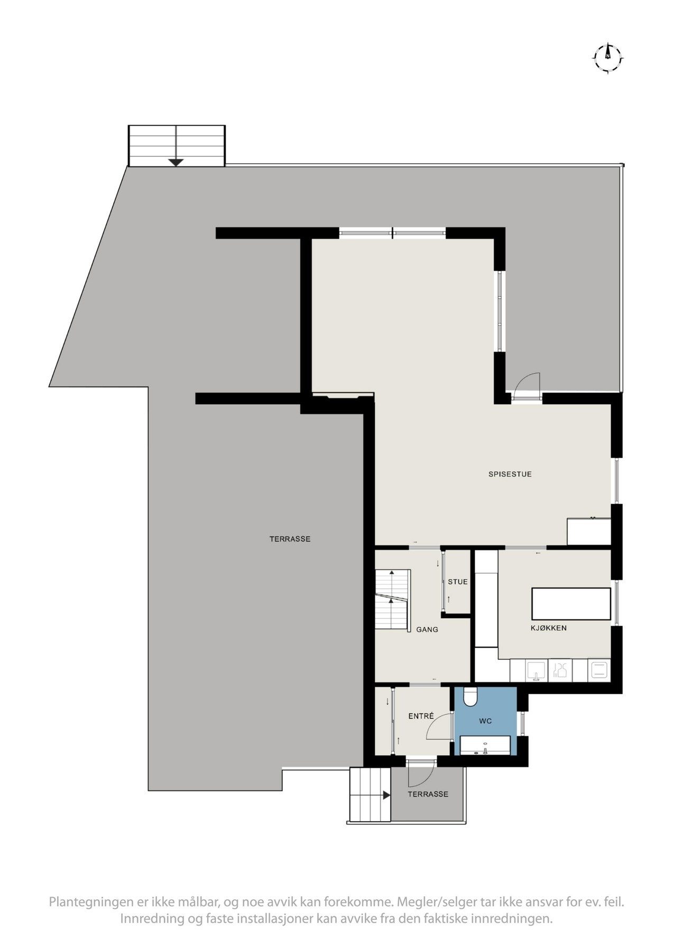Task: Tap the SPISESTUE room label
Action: tap(510, 474)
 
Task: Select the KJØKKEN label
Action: tap(548, 628)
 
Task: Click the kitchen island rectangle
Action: tap(571, 603)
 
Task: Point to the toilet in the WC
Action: tap(470, 697)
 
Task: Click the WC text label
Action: tap(485, 721)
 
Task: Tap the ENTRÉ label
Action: tap(421, 716)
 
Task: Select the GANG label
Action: tap(427, 630)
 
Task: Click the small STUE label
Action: tap(457, 582)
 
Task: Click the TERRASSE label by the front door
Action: tap(428, 794)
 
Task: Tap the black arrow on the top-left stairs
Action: tap(176, 163)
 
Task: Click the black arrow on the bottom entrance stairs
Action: tap(386, 795)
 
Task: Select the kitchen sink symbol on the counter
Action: tap(537, 671)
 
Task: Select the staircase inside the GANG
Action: tap(393, 600)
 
